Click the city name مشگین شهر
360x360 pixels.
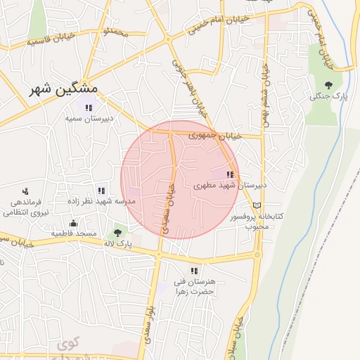tap(65, 89)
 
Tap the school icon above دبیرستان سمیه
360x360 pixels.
tap(88, 108)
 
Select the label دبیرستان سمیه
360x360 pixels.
tap(89, 119)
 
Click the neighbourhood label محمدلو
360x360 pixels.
tap(115, 32)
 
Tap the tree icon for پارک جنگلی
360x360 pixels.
tap(328, 85)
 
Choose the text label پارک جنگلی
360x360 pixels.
tap(326, 96)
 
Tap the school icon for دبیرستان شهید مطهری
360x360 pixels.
tap(229, 174)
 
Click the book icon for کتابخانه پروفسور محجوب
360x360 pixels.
tap(257, 205)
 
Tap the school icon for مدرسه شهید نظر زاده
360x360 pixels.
tap(101, 190)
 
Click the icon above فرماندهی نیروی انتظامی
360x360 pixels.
tap(25, 191)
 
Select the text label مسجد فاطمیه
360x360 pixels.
tap(72, 233)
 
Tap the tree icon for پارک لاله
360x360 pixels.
tap(117, 233)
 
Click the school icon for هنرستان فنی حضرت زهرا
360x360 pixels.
tap(193, 271)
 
